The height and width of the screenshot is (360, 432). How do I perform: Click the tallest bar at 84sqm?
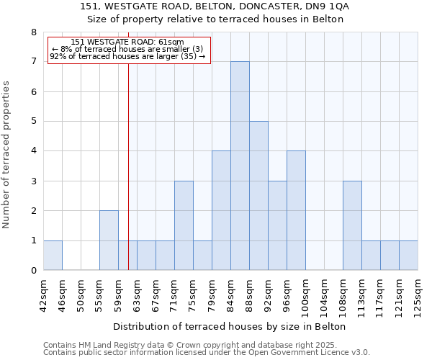coord(240,166)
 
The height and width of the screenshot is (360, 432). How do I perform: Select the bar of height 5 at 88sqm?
coord(258,196)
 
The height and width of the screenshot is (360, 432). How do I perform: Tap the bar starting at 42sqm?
coord(53,256)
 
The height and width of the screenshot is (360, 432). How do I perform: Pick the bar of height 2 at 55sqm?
coord(109,240)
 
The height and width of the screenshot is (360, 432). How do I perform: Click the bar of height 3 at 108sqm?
coord(352,225)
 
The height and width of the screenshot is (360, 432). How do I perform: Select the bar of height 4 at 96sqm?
coord(296,210)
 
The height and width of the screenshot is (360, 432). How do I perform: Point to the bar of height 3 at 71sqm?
coord(184,225)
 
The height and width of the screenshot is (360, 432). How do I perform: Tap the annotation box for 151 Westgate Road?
coord(129,50)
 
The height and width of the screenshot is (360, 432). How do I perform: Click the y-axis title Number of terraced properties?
coord(6,154)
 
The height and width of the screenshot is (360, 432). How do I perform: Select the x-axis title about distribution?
coord(230,326)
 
